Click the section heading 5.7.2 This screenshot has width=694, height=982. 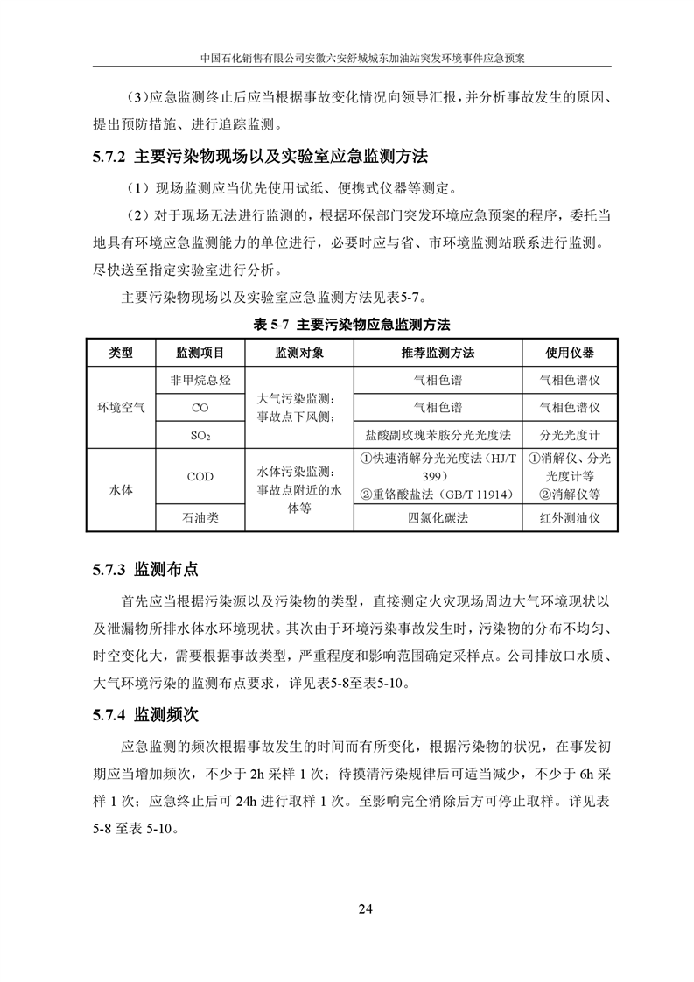coord(259,158)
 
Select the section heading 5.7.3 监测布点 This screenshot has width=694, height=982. coord(145,570)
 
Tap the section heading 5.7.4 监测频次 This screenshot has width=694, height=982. coord(145,715)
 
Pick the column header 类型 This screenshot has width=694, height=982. coord(121,353)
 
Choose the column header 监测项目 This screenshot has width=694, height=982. coord(200,353)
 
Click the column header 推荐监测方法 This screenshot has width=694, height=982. coord(438,353)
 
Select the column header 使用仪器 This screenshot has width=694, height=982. coord(570,353)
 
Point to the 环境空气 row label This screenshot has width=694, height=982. coord(121,407)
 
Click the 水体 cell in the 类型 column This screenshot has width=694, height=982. coord(121,490)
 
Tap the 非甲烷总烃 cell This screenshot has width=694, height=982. coord(200,381)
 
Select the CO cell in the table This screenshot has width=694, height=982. coord(200,408)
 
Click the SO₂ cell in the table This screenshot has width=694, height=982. coord(200,435)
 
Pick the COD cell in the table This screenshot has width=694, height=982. coord(200,477)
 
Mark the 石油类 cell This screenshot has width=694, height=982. coord(200,518)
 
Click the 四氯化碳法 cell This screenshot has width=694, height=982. coord(438,518)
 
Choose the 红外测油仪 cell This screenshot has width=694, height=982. coord(570,518)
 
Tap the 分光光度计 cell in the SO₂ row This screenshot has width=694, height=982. coord(570,434)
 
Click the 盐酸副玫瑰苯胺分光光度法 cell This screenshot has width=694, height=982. coord(438,434)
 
